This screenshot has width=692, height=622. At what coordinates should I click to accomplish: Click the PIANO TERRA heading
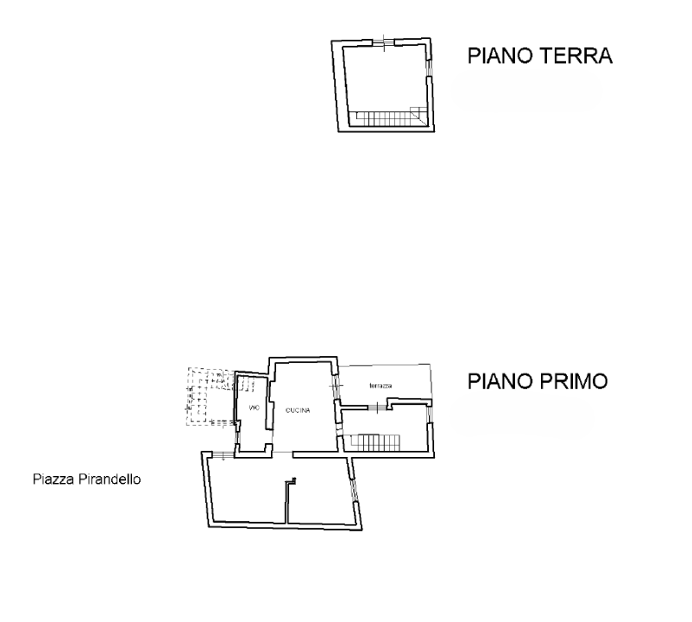tap(539, 57)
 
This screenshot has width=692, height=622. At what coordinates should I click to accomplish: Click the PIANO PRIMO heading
tap(540, 381)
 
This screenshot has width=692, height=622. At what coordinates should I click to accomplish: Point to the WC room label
tap(254, 408)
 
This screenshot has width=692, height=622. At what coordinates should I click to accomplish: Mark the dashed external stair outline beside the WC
tap(208, 397)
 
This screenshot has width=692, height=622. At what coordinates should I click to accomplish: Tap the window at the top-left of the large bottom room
tap(223, 454)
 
